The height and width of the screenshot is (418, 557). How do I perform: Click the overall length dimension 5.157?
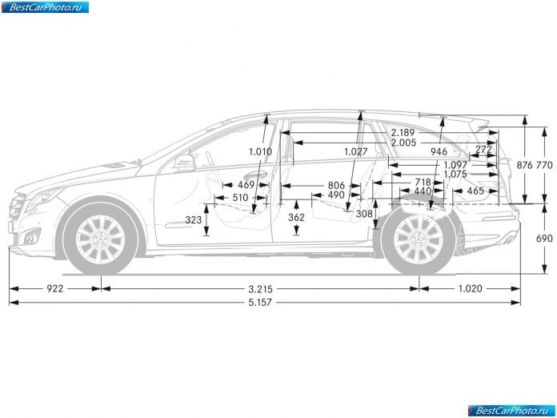coord(260,303)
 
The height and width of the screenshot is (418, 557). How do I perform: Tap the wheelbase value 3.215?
coord(260,288)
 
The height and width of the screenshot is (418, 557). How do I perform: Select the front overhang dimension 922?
coord(55,288)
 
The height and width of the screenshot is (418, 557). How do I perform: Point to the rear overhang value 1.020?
coord(470,288)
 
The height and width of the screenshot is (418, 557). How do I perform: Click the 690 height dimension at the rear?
coord(544,238)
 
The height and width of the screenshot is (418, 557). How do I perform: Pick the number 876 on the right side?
coord(525,165)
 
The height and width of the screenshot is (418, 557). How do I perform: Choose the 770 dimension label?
coord(544,165)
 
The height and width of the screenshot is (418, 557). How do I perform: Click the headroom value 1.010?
coord(260,152)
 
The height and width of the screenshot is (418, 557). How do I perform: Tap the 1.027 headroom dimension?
coord(355,152)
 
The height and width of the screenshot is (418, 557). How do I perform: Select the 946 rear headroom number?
coord(439,152)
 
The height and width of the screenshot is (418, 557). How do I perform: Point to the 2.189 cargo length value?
coord(403,133)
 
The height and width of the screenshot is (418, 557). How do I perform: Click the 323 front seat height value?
coord(194,220)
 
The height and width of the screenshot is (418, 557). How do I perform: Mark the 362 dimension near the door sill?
coord(296,217)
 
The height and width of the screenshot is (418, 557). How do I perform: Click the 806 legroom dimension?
coord(336,185)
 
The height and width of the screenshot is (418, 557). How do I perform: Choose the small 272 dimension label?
coord(483,149)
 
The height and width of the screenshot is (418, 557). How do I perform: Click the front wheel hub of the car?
coord(101,239)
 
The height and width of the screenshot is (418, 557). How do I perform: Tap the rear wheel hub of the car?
coord(419,239)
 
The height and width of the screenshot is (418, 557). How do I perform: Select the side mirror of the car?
coord(185,163)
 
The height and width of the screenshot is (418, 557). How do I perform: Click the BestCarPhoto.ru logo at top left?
coord(45,7)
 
